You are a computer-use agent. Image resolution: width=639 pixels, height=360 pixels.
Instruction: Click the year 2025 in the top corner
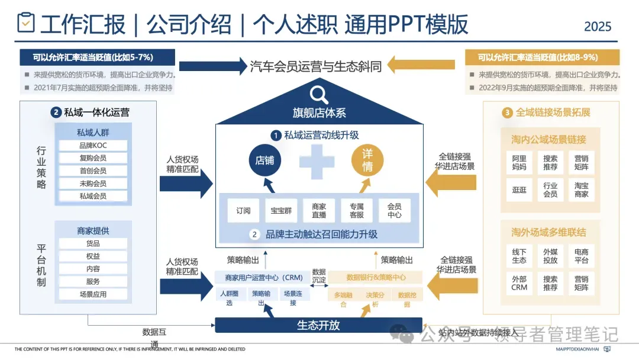click(x=598, y=27)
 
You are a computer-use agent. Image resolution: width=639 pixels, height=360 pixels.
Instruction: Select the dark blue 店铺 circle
click(x=264, y=160)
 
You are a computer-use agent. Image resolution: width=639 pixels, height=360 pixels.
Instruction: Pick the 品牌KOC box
click(x=93, y=146)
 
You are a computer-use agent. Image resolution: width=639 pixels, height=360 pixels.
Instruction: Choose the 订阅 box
click(x=243, y=210)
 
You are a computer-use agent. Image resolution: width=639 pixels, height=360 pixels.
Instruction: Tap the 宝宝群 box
click(x=281, y=210)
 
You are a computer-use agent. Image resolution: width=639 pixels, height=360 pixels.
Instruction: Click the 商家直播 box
click(x=319, y=210)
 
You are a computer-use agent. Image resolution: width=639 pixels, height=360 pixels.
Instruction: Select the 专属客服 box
click(x=357, y=210)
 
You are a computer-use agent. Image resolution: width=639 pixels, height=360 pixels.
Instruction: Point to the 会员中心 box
click(x=395, y=210)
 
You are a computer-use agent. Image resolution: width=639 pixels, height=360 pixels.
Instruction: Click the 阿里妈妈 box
click(x=519, y=163)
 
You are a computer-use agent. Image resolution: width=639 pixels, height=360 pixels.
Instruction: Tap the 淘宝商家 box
click(x=582, y=189)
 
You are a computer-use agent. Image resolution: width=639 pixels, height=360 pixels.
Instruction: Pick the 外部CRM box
click(x=519, y=283)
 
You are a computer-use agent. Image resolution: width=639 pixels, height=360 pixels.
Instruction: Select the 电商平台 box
click(x=582, y=256)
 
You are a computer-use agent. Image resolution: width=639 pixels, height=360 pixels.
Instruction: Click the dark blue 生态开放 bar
click(x=318, y=325)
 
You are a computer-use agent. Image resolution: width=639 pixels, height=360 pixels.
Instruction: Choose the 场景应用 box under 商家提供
click(x=93, y=294)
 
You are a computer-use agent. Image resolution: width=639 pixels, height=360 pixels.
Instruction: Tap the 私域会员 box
click(x=93, y=196)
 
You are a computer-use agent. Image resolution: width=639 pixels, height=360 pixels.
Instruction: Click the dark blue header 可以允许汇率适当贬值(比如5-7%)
click(x=98, y=57)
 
